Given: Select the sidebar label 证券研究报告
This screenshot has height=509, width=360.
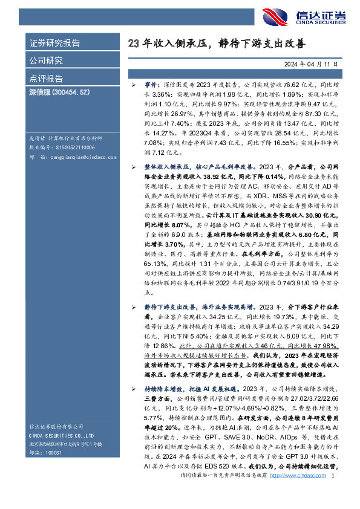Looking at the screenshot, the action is [x=55, y=43].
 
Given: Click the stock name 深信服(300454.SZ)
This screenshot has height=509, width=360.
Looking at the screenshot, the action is [x=59, y=95].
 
